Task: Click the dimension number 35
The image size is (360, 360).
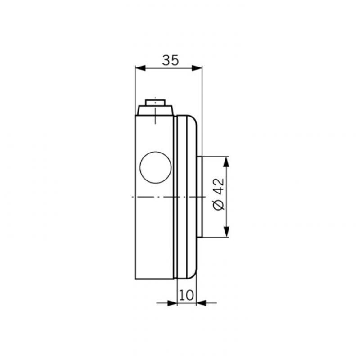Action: (171, 60)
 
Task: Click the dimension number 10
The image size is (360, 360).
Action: (186, 295)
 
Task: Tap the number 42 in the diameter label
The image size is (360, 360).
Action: (219, 186)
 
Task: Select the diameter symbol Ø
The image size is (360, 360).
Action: (219, 205)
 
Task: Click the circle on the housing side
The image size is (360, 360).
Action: (156, 167)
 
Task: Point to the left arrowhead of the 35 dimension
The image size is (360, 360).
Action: (140, 68)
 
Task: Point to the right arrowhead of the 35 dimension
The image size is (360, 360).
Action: (197, 68)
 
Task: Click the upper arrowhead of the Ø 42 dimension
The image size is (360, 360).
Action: (226, 162)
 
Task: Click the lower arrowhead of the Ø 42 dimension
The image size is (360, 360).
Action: (226, 232)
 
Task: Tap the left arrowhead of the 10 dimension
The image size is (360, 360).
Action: (172, 303)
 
